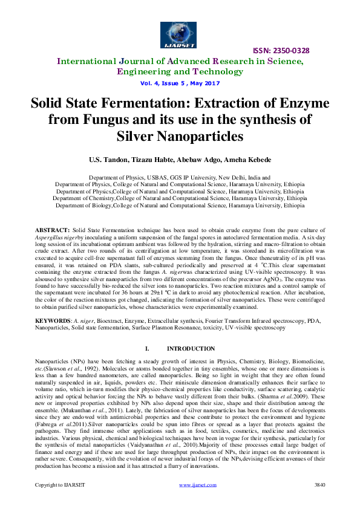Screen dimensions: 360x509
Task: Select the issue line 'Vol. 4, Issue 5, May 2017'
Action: click(179, 83)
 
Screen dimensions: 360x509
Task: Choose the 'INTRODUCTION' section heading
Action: click(190, 349)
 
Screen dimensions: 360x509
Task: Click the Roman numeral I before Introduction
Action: click(147, 349)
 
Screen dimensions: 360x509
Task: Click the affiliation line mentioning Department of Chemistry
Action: click(179, 198)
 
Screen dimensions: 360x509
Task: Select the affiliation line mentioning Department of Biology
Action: click(179, 205)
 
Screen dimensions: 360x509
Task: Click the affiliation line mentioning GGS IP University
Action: click(179, 178)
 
